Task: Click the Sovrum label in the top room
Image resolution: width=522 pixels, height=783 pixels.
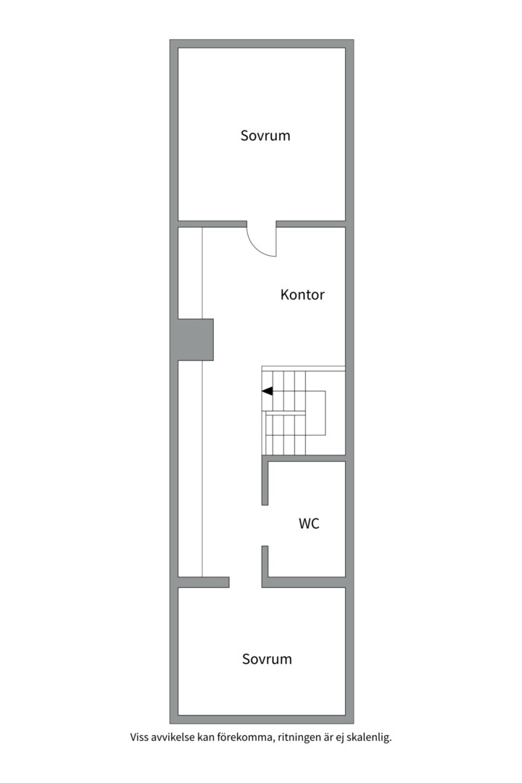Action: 265,136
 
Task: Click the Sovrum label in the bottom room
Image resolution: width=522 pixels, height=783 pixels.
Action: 267,659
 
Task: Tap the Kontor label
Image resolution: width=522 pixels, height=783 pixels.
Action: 302,295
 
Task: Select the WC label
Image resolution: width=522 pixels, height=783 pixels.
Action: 309,523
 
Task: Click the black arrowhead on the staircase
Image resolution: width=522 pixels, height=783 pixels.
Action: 267,391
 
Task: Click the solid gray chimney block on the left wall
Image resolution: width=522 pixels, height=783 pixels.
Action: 193,339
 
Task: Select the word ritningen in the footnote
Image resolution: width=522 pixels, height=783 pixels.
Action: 302,738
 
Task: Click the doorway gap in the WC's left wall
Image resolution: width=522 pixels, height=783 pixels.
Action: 265,525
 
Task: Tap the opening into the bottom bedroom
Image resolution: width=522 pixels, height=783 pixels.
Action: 246,582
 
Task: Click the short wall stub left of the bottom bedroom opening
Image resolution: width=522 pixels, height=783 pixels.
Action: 204,582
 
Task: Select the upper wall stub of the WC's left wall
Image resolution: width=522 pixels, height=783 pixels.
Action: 265,483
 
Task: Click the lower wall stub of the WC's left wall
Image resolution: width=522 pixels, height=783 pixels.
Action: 265,562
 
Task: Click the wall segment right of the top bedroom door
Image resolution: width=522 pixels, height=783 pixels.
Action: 311,223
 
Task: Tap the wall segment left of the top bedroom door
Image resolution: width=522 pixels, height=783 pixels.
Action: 212,223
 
